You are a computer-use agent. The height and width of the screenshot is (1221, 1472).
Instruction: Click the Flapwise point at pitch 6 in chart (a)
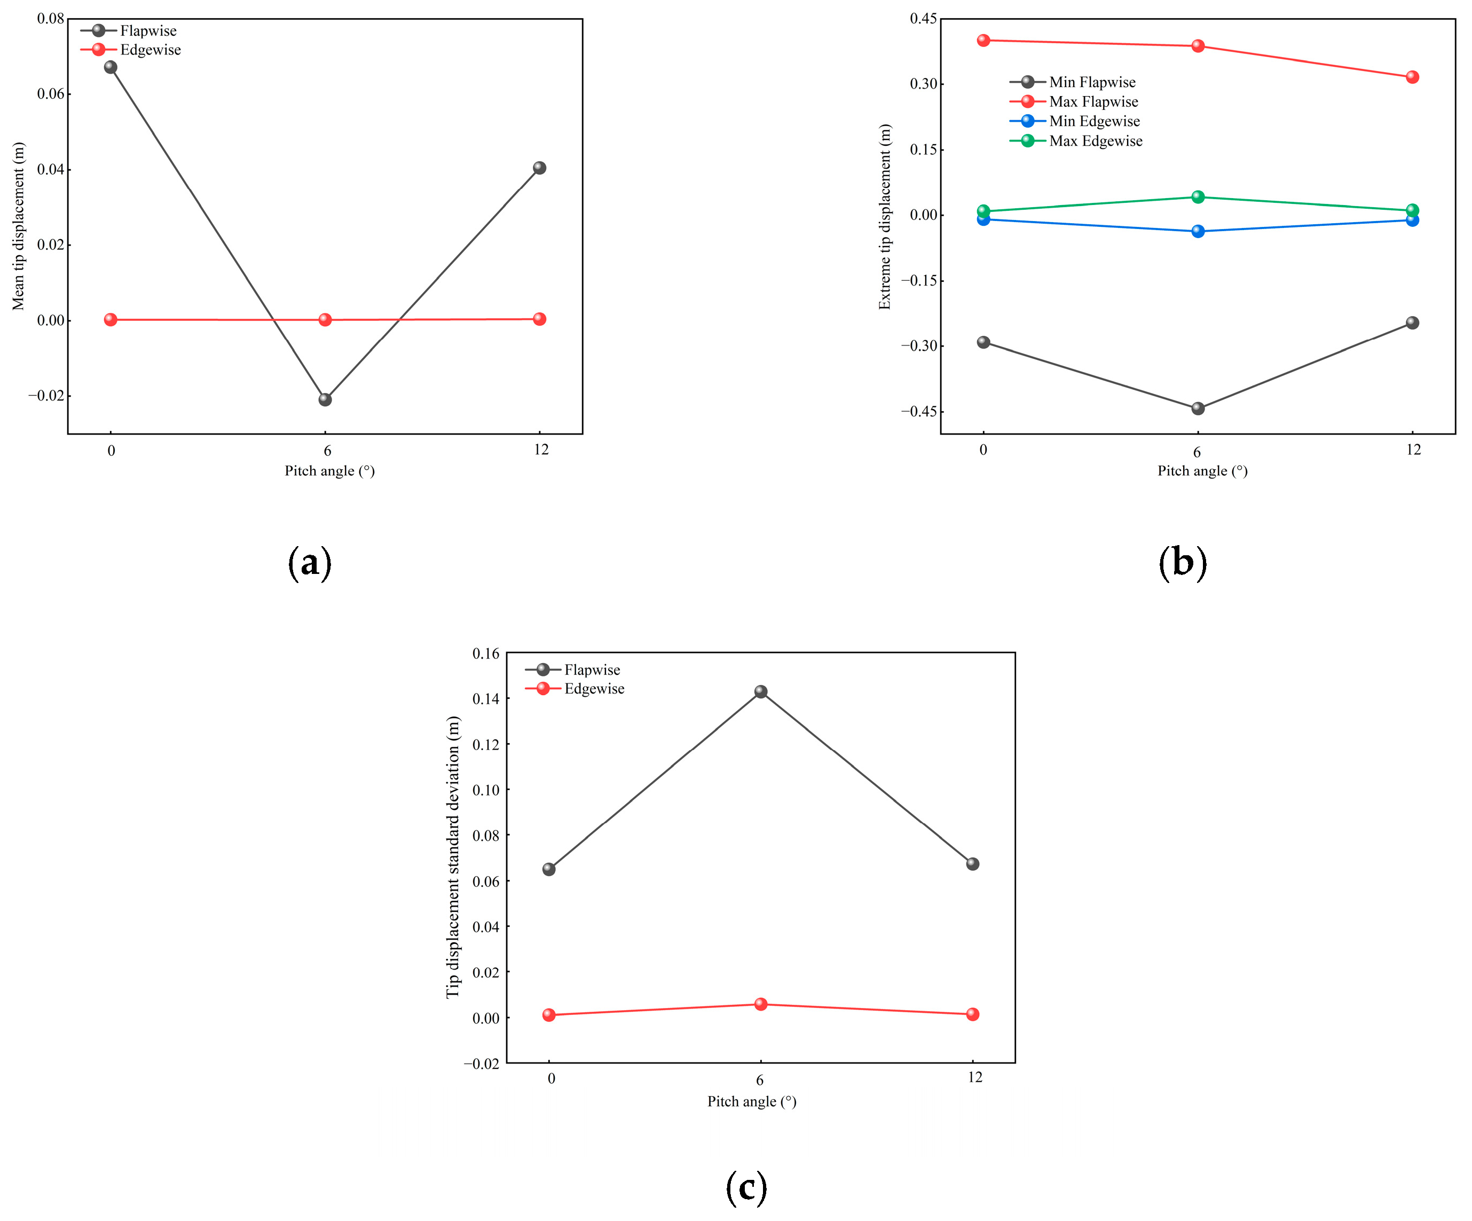(x=325, y=399)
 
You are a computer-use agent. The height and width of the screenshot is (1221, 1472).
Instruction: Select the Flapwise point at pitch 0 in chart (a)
(x=110, y=67)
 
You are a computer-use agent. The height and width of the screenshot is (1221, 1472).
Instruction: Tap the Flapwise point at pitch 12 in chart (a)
(x=539, y=168)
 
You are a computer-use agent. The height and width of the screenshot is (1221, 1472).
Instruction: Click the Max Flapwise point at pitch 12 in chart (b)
(x=1412, y=77)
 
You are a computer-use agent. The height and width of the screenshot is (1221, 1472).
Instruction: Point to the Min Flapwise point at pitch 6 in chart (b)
(x=1198, y=408)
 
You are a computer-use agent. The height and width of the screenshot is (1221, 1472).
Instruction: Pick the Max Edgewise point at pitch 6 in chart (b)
(x=1198, y=197)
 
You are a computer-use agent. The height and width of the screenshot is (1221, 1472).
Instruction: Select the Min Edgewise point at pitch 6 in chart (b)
(x=1198, y=231)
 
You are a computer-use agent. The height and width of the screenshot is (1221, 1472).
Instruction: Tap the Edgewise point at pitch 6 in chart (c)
(x=760, y=1004)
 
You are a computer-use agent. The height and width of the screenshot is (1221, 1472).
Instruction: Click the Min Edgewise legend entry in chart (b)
(x=1075, y=121)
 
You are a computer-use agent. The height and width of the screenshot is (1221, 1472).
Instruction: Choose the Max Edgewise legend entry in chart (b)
(x=1076, y=141)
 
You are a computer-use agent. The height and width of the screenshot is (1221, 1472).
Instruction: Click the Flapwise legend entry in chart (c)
(x=573, y=669)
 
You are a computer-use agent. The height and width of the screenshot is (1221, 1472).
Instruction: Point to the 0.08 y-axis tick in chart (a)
(x=51, y=18)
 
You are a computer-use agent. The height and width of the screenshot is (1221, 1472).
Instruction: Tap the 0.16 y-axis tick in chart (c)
(x=486, y=653)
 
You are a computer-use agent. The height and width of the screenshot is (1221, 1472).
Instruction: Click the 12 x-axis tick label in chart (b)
(x=1413, y=450)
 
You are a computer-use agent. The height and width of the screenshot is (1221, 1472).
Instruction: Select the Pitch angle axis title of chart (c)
(x=751, y=1101)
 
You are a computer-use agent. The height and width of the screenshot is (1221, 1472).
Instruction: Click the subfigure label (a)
(x=309, y=563)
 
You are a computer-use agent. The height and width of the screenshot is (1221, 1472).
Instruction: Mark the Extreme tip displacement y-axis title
(x=885, y=217)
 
